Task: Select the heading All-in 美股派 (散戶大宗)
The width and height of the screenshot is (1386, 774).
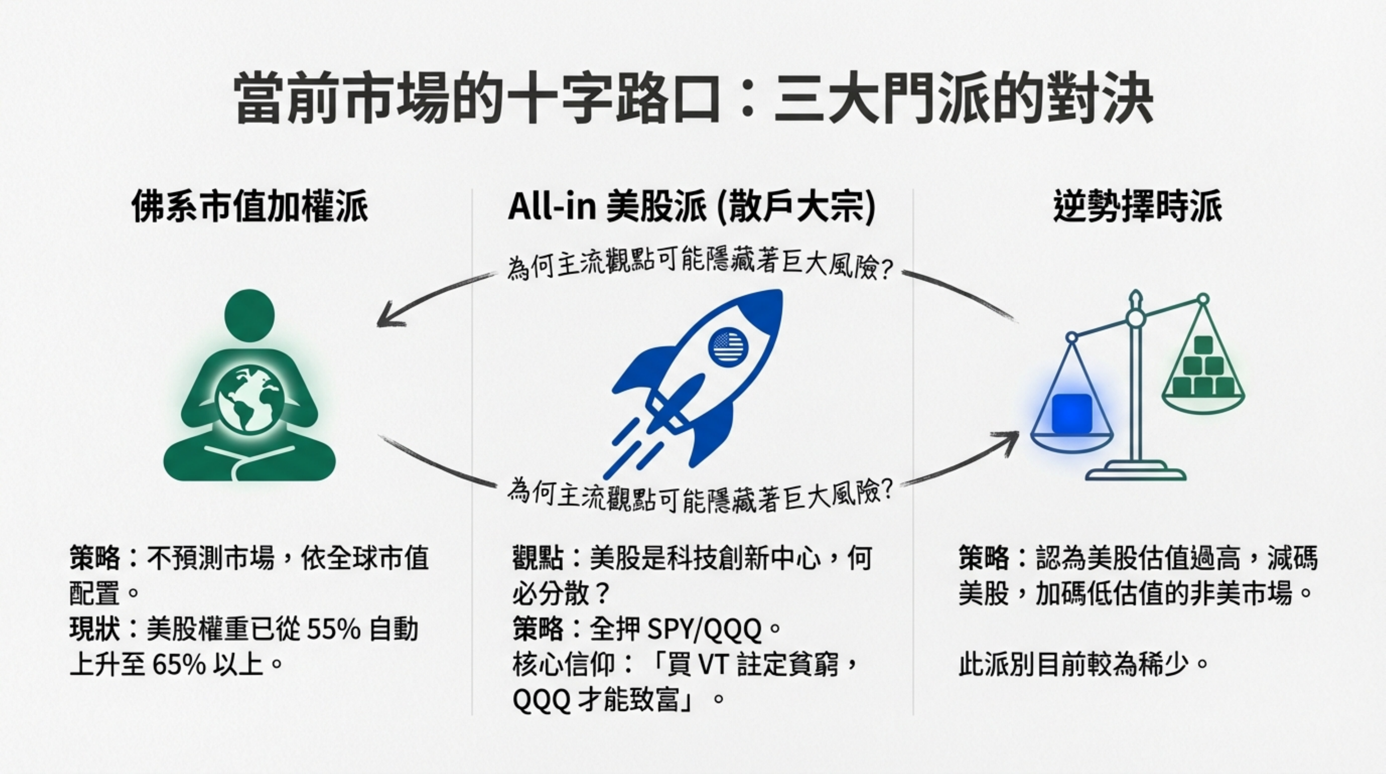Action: [692, 207]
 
